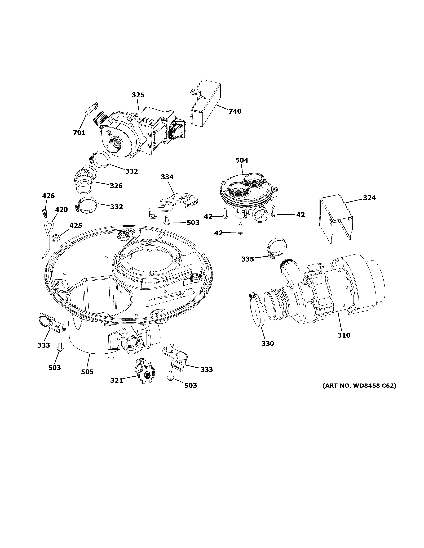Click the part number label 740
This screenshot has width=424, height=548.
(x=235, y=111)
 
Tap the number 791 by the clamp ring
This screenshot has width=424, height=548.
(x=79, y=133)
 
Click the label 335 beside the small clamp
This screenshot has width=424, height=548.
(x=247, y=259)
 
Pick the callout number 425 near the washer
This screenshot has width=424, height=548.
(x=76, y=225)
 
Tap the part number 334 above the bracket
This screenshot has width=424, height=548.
(x=167, y=177)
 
